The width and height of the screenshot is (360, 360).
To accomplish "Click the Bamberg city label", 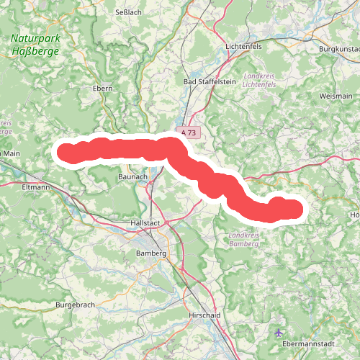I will point(151,253).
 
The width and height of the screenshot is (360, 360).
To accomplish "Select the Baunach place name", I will point(132,176).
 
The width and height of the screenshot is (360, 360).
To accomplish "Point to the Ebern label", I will point(104,89).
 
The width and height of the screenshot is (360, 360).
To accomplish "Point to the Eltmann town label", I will point(35,188).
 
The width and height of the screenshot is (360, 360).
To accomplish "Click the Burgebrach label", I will point(75,305).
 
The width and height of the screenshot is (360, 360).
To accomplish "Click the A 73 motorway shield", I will point(189,133).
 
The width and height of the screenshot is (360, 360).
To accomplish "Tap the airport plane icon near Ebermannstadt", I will point(279,332).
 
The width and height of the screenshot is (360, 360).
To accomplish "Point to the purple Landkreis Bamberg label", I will point(243,240).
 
